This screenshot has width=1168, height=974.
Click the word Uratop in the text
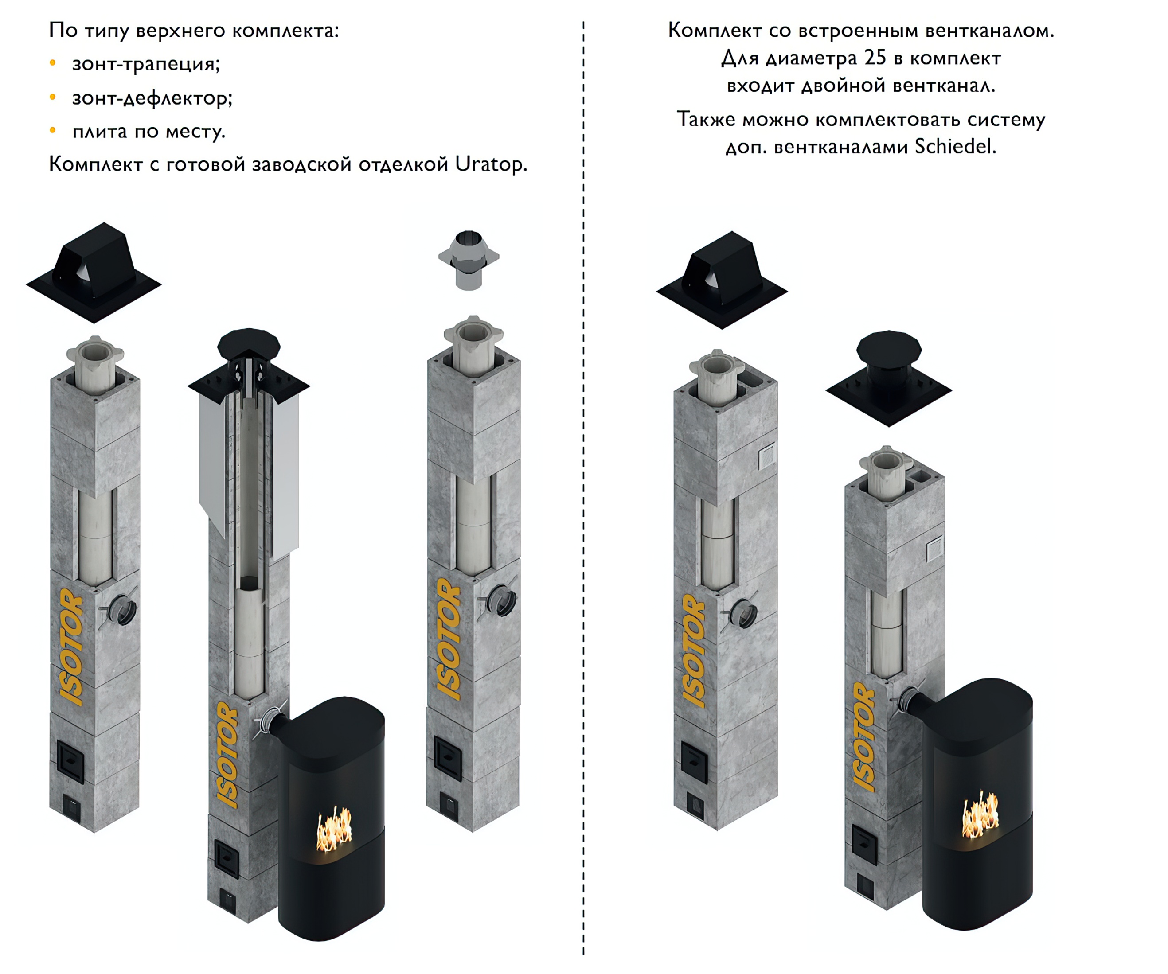tap(491, 164)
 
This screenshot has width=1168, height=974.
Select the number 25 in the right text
tap(875, 58)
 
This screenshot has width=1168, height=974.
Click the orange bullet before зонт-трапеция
tap(53, 63)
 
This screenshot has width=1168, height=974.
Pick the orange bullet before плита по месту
tap(53, 131)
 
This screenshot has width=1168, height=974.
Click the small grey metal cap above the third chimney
tap(469, 260)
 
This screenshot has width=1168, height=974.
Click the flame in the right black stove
tap(980, 815)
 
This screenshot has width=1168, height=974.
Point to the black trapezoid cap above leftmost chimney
tap(94, 273)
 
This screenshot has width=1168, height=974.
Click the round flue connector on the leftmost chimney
tap(121, 610)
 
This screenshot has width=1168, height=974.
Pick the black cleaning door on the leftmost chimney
tap(70, 760)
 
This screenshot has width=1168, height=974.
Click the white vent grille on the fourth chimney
tap(767, 456)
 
